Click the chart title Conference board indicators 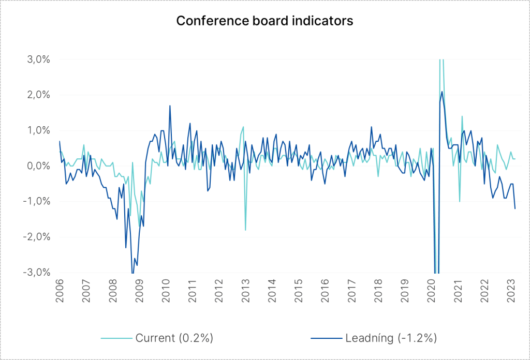click(x=264, y=21)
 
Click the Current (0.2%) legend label click(x=174, y=338)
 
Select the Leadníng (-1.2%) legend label click(x=391, y=338)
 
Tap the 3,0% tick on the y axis click(x=38, y=59)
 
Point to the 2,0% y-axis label click(x=38, y=95)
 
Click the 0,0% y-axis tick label click(x=38, y=166)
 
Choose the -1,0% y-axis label click(x=37, y=201)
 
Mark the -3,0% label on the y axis click(x=37, y=272)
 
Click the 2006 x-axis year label click(x=60, y=291)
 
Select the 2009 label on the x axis click(x=139, y=291)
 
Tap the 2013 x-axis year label click(x=245, y=291)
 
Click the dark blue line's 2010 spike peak click(x=170, y=106)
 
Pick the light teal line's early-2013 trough click(x=245, y=230)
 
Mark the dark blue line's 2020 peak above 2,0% click(x=442, y=92)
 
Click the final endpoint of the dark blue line click(x=515, y=208)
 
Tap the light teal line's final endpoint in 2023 click(x=515, y=159)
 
